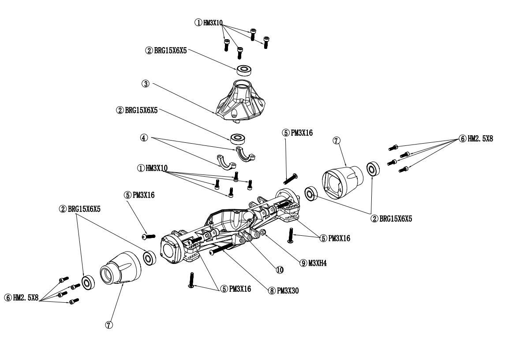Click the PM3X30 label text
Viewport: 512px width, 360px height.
pyautogui.click(x=288, y=291)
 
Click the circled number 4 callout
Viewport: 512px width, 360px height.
pyautogui.click(x=144, y=137)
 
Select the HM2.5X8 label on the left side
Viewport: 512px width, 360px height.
pyautogui.click(x=26, y=298)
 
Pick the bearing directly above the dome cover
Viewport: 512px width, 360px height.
pyautogui.click(x=244, y=69)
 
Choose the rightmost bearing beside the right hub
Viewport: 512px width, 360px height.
pyautogui.click(x=374, y=169)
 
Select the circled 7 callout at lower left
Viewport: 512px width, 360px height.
pyautogui.click(x=109, y=325)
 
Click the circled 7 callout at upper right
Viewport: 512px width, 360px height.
pyautogui.click(x=336, y=141)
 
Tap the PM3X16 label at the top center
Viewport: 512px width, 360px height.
pyautogui.click(x=301, y=132)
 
